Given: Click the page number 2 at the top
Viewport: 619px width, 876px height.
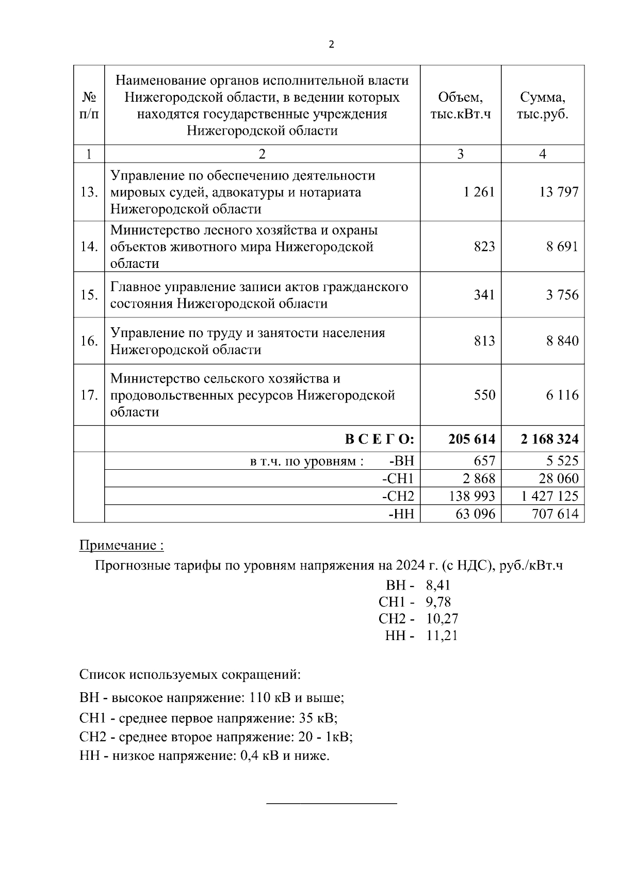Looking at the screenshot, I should (331, 45).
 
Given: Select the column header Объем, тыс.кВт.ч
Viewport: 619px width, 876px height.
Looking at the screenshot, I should (460, 105).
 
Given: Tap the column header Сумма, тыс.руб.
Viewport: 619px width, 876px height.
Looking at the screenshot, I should (543, 105).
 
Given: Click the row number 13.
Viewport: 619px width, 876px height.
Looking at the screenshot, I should (89, 193).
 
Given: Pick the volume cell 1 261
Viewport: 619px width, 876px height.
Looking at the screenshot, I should (479, 193).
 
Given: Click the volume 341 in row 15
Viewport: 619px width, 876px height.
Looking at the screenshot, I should (484, 295).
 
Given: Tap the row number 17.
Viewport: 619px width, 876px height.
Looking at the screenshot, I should (89, 395).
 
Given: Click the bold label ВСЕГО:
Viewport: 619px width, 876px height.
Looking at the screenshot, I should (379, 439).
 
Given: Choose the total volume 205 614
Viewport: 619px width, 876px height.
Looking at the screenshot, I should (471, 439).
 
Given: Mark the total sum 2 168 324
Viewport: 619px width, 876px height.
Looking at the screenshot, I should (550, 439).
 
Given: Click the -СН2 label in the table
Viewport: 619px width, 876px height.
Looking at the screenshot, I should (398, 496).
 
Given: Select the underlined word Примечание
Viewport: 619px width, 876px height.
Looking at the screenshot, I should (118, 545).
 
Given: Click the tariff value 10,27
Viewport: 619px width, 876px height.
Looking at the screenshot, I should (442, 618).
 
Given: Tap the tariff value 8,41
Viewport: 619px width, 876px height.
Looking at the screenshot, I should (438, 585).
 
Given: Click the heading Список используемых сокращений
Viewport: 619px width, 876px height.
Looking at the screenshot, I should (190, 675).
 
